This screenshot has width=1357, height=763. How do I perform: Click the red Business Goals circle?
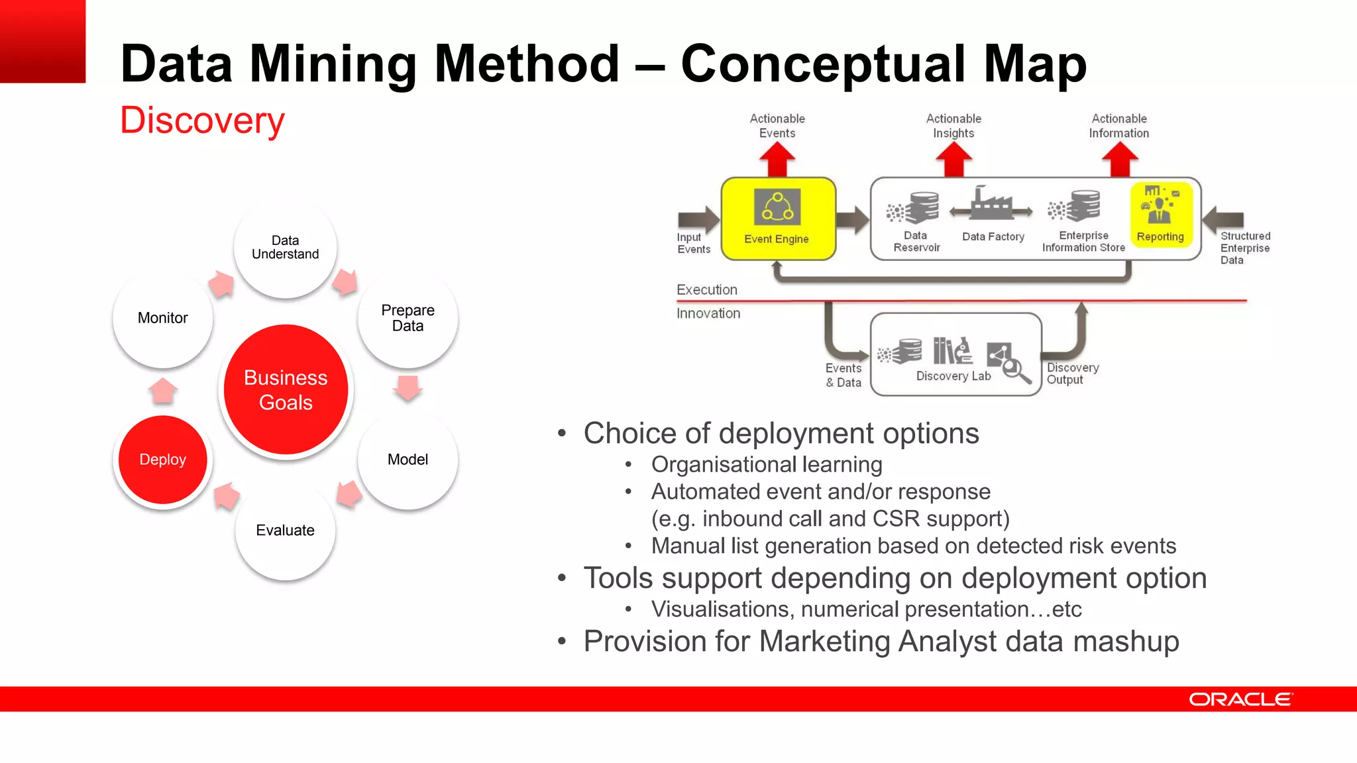pyautogui.click(x=286, y=389)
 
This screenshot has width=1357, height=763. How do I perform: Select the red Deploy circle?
pyautogui.click(x=163, y=460)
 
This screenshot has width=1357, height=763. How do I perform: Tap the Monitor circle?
pyautogui.click(x=163, y=318)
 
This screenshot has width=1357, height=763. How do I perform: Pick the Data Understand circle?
pyautogui.click(x=286, y=248)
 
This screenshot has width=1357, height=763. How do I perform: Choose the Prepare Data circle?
pyautogui.click(x=407, y=318)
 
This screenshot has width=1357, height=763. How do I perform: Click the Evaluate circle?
pyautogui.click(x=286, y=531)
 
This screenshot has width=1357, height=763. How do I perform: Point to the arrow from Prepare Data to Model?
pyautogui.click(x=407, y=387)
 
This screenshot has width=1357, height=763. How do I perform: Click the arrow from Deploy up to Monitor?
pyautogui.click(x=163, y=391)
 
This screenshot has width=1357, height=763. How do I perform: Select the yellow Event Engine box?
pyautogui.click(x=778, y=219)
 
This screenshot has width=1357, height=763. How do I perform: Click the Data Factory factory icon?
pyautogui.click(x=991, y=204)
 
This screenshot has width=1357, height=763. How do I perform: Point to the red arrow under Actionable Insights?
pyautogui.click(x=953, y=160)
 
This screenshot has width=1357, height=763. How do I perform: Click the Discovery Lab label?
pyautogui.click(x=953, y=376)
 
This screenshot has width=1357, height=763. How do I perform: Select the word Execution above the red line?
pyautogui.click(x=707, y=290)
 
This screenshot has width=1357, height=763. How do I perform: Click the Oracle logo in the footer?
pyautogui.click(x=1240, y=699)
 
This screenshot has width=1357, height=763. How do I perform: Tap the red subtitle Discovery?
pyautogui.click(x=202, y=121)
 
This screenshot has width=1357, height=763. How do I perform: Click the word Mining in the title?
pyautogui.click(x=341, y=64)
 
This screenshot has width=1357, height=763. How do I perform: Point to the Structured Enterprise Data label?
pyautogui.click(x=1245, y=248)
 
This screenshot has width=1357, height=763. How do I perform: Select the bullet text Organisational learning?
pyautogui.click(x=767, y=465)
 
